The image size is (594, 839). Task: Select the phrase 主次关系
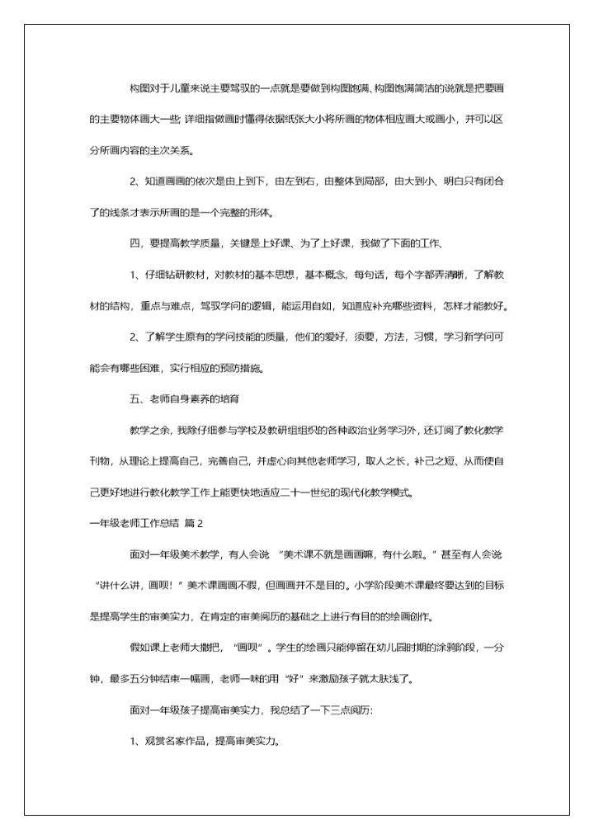(171, 150)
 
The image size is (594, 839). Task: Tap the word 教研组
(297, 431)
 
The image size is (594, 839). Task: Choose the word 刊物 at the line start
(99, 462)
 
